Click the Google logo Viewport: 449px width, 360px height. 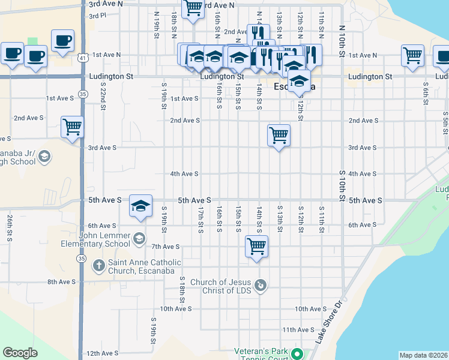(20, 353)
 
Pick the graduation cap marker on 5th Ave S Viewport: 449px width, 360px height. (140, 206)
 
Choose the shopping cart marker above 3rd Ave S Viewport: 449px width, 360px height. (279, 136)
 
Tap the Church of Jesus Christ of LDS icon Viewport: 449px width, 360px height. (260, 285)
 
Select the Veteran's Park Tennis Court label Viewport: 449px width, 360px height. (259, 355)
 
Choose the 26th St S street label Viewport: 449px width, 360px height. (10, 228)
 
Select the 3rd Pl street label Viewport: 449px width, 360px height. (97, 16)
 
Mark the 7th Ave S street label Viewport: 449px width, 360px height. (166, 247)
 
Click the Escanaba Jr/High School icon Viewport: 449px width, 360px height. (44, 157)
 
